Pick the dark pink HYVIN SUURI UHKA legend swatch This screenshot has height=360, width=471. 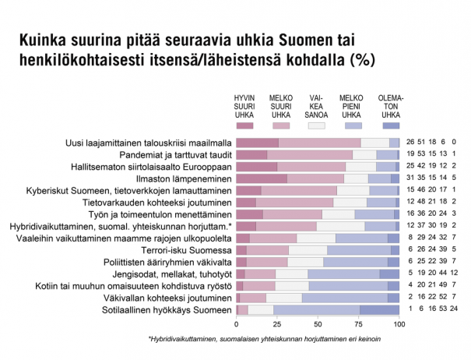[244, 125]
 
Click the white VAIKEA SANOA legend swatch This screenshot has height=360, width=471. [315, 125]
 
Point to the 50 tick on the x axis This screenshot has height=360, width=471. [318, 323]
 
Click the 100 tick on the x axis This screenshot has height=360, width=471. [399, 323]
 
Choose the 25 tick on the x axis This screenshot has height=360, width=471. [277, 323]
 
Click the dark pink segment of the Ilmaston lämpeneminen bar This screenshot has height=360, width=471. [262, 178]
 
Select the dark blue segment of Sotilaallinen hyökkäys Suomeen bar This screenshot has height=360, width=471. [379, 309]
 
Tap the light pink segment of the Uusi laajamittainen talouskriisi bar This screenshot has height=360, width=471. [319, 143]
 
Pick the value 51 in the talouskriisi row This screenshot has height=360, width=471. [421, 143]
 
